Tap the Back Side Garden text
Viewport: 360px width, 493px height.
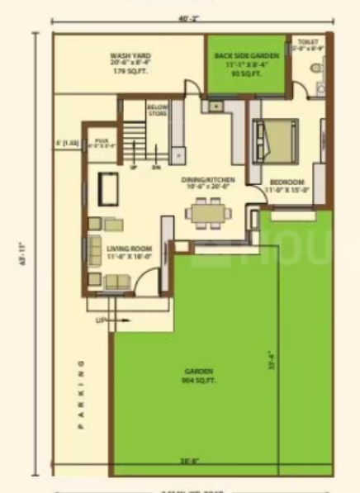(246, 55)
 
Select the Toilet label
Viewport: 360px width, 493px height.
(308, 40)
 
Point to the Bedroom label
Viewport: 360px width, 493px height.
(287, 182)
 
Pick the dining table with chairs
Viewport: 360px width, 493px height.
(207, 212)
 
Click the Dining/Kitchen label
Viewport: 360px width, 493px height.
(209, 179)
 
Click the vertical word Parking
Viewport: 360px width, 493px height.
(83, 395)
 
